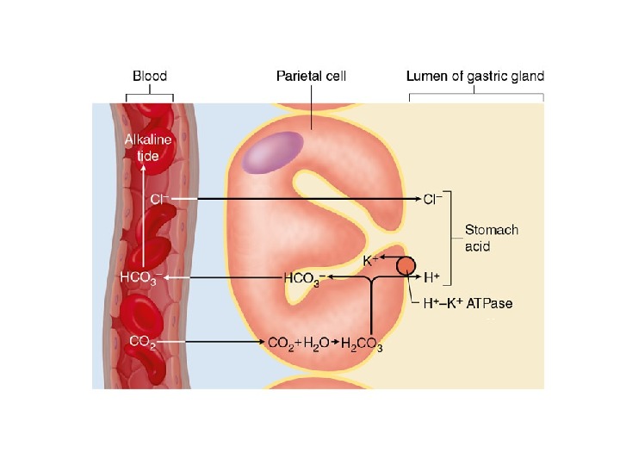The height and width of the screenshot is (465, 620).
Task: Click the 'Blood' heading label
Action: click(x=149, y=76)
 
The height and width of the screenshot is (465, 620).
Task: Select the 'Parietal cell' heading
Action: click(x=311, y=76)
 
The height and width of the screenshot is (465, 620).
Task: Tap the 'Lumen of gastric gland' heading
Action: click(x=474, y=76)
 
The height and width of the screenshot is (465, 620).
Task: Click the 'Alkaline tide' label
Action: click(x=148, y=148)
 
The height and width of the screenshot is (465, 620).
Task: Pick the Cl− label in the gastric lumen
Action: click(x=432, y=199)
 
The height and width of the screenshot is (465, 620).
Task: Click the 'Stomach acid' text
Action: click(x=492, y=239)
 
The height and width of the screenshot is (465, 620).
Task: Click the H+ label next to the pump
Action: click(x=432, y=277)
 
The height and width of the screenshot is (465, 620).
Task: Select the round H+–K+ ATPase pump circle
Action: click(x=406, y=266)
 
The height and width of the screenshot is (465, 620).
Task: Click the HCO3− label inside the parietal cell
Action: click(x=303, y=278)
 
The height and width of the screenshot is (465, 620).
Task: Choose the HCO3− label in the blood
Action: click(x=139, y=278)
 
